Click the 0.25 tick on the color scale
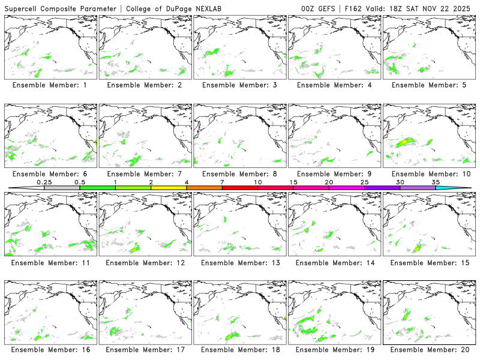(44, 182)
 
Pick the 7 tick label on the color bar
(222, 182)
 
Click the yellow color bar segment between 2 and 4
(169, 188)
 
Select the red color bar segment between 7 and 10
(240, 188)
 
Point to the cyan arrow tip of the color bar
(467, 188)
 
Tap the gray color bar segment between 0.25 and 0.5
(62, 188)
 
